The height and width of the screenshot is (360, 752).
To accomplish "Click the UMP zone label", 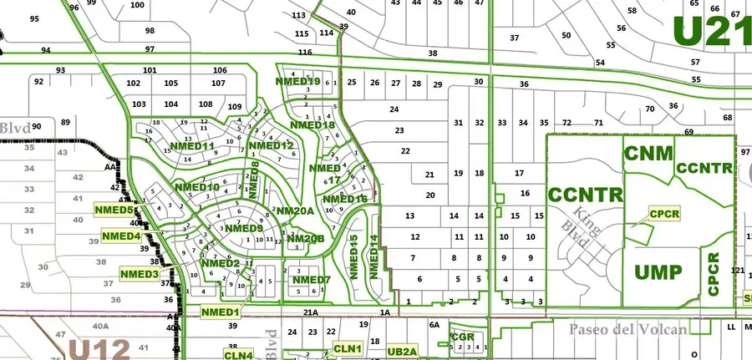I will pos(658,272).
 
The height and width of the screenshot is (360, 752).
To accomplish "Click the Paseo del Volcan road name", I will pos(628,329).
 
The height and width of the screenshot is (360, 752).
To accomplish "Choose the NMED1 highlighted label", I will pos(221,312).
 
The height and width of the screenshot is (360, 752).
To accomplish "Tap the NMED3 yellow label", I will pos(140,274).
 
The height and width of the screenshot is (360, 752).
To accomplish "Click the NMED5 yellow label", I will pos(115,210).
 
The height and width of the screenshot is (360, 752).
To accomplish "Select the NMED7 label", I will pos(312,280).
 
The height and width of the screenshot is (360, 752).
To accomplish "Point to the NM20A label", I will pos(294,211).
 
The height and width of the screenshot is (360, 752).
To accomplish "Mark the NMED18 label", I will pos(312,125).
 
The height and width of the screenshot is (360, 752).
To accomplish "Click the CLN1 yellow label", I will pos(347,348).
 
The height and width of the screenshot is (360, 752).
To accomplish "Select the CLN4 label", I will pos(238,355).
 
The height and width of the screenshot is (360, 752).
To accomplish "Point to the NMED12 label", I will pos(272,146).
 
